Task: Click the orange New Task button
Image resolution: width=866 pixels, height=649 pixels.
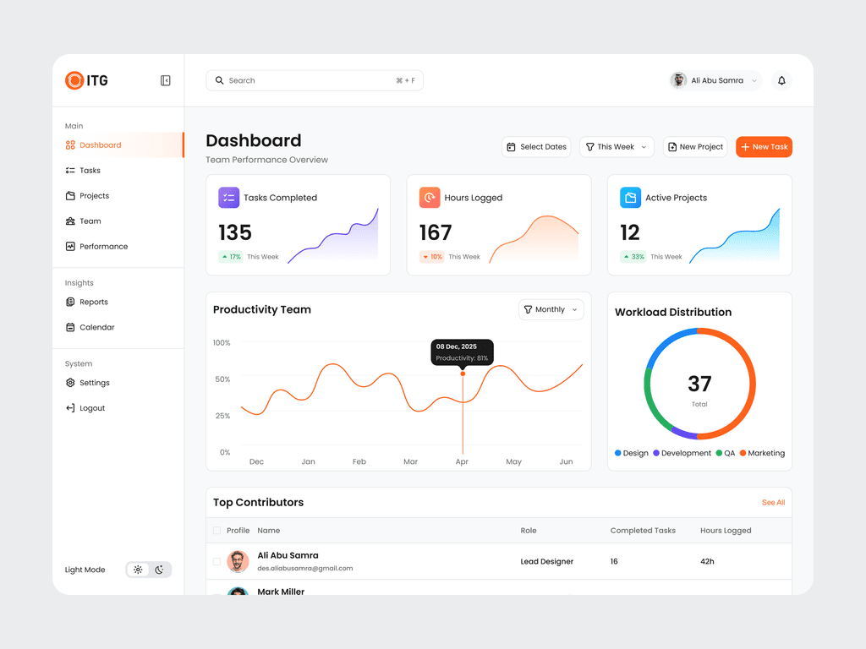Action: tap(764, 147)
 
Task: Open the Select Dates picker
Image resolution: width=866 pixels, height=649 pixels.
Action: tap(536, 147)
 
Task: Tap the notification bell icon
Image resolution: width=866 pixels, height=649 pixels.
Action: tap(781, 81)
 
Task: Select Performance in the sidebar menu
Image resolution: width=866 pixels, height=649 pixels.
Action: tap(103, 247)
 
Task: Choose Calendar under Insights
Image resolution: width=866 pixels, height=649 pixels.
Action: tap(96, 328)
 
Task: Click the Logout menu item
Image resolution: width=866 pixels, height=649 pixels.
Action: tap(92, 408)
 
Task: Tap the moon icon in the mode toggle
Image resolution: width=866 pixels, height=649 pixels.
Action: tap(159, 570)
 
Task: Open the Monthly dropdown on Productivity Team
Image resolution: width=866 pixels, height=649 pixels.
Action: tap(551, 310)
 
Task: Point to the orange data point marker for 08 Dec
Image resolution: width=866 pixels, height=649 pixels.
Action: tap(463, 374)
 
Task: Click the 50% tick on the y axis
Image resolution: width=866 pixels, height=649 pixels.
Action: tap(222, 379)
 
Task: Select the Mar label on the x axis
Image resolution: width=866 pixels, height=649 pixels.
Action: tap(410, 462)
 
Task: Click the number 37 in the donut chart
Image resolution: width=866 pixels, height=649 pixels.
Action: tap(699, 384)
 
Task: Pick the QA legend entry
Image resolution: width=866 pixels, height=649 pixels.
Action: tap(725, 454)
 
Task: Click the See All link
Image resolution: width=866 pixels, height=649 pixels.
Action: tap(773, 503)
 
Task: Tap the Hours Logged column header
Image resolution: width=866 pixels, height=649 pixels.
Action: tap(726, 531)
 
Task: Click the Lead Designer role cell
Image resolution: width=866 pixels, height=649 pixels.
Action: tap(546, 562)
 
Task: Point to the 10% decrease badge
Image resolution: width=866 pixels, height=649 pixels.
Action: tap(432, 257)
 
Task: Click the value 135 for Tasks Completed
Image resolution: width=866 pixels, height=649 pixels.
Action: tap(235, 232)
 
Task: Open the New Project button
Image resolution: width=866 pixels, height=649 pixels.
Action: tap(695, 147)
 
